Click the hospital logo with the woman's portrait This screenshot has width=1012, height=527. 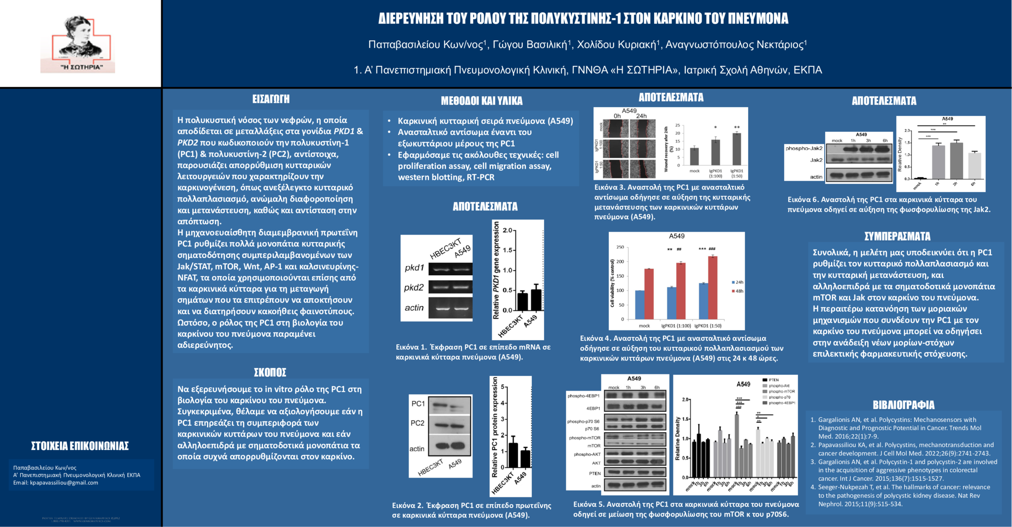(x=78, y=44)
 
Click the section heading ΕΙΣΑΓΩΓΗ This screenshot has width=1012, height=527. (x=271, y=99)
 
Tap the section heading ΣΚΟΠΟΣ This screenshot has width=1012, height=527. (x=270, y=372)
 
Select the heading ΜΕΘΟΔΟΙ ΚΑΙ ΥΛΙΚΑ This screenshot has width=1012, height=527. (x=481, y=101)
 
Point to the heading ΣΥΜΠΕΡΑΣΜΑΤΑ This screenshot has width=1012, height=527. (x=897, y=236)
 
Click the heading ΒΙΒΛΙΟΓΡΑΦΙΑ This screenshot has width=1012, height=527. (x=903, y=405)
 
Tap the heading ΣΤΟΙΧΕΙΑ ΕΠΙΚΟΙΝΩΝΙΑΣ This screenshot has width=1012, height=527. (x=80, y=446)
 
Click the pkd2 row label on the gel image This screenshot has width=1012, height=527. (x=414, y=287)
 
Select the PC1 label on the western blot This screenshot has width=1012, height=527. (x=418, y=404)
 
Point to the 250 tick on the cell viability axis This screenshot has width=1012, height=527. (x=620, y=247)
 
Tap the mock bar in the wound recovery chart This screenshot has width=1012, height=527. (x=694, y=156)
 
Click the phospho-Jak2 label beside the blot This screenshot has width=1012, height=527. (x=804, y=148)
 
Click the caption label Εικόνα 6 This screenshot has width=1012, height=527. (x=802, y=200)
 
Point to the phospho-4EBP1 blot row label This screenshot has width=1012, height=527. (x=583, y=396)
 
